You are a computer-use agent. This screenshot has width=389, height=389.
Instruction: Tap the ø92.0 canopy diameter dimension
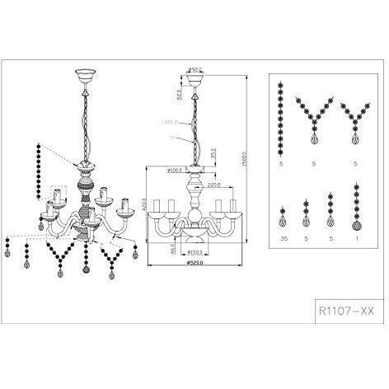pyautogui.click(x=195, y=68)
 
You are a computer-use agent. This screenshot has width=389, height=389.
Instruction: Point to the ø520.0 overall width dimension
pyautogui.click(x=195, y=264)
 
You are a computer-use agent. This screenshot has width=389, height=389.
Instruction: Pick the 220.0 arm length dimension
pyautogui.click(x=214, y=185)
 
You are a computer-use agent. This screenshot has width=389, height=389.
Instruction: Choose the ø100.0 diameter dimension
pyautogui.click(x=174, y=171)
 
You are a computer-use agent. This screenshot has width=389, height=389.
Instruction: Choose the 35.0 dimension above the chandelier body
pyautogui.click(x=213, y=154)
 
